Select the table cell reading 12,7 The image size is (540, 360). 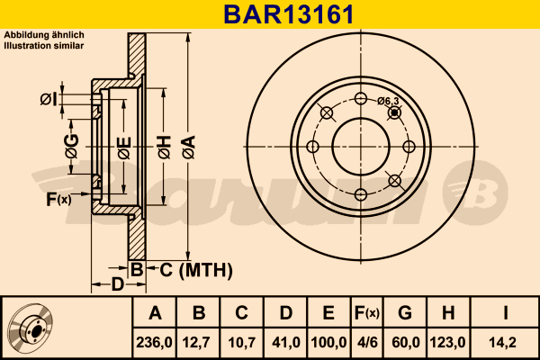pyautogui.click(x=199, y=343)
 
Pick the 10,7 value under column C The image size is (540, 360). pyautogui.click(x=242, y=343)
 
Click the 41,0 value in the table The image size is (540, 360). pyautogui.click(x=285, y=343)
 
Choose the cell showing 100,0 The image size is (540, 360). pyautogui.click(x=328, y=343)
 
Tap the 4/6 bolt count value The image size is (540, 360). pyautogui.click(x=366, y=343)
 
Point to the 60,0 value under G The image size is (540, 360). pyautogui.click(x=404, y=343)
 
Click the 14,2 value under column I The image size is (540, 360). pyautogui.click(x=506, y=343)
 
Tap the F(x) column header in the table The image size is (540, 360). pyautogui.click(x=366, y=313)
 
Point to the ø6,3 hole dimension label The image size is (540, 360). pyautogui.click(x=388, y=102)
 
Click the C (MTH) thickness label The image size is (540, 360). pyautogui.click(x=191, y=269)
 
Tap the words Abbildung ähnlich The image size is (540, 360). pyautogui.click(x=44, y=35)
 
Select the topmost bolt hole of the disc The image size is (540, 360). pyautogui.click(x=361, y=99)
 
